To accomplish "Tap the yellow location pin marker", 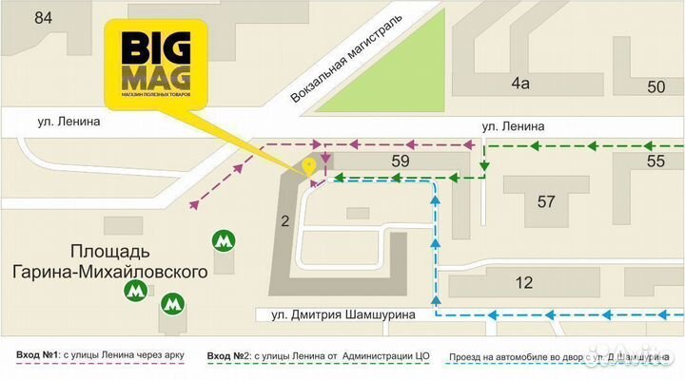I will [x=308, y=167].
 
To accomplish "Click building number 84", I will [x=42, y=17].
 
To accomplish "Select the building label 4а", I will [x=519, y=84].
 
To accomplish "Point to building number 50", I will [x=656, y=86].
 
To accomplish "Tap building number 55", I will [x=656, y=161].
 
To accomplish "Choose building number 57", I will [x=546, y=200].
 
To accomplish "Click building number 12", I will [x=524, y=281].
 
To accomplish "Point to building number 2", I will [x=284, y=221].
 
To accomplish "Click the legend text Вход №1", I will [x=37, y=356].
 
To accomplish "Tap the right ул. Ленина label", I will [x=513, y=124].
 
